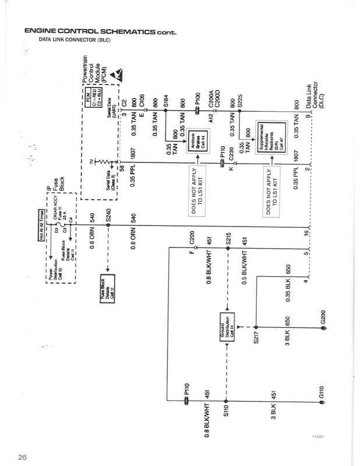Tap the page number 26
click(x=22, y=456)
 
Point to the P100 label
click(x=198, y=104)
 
